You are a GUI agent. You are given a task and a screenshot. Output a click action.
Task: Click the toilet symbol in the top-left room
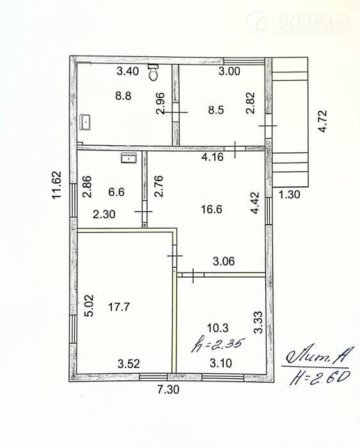pyautogui.click(x=153, y=72)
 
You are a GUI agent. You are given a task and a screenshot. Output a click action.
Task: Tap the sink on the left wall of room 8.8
pyautogui.click(x=85, y=122)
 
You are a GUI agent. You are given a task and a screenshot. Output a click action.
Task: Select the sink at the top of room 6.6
pyautogui.click(x=129, y=157)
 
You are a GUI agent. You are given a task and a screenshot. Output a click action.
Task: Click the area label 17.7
pyautogui.click(x=119, y=307)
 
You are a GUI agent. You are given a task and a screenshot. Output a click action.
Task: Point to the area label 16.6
pyautogui.click(x=212, y=209)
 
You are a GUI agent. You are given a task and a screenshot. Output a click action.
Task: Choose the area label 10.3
pyautogui.click(x=218, y=328)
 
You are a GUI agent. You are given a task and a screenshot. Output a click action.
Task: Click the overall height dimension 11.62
pyautogui.click(x=56, y=184)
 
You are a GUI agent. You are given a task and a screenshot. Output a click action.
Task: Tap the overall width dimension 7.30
pyautogui.click(x=168, y=389)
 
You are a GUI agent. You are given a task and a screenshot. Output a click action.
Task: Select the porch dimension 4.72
pyautogui.click(x=323, y=121)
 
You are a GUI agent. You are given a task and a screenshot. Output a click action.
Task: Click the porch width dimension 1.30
pyautogui.click(x=289, y=195)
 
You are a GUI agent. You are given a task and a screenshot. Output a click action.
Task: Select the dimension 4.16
pyautogui.click(x=212, y=157)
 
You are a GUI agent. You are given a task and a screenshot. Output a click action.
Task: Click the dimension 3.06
pyautogui.click(x=224, y=261)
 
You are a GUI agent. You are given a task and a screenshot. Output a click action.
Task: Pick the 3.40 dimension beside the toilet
pyautogui.click(x=128, y=71)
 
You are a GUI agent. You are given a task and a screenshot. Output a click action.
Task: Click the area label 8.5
pyautogui.click(x=216, y=109)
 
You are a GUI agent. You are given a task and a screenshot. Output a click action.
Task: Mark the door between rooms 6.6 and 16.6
pyautogui.click(x=144, y=211)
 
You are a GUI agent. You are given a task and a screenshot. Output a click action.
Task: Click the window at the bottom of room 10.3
pyautogui.click(x=223, y=377)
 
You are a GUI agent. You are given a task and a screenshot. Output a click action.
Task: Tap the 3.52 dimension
pyautogui.click(x=129, y=364)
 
